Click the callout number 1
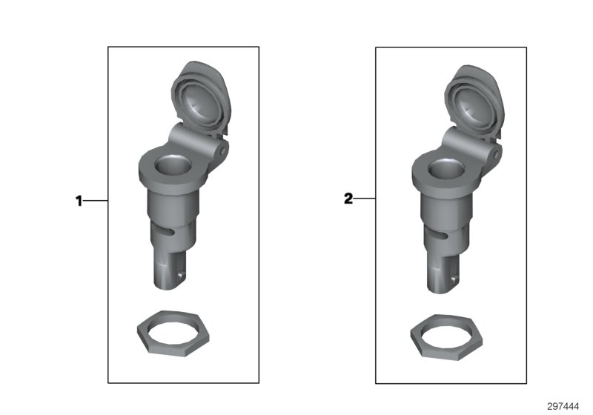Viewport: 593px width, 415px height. click(79, 201)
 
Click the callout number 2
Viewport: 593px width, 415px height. click(348, 199)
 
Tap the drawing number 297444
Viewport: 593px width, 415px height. click(563, 406)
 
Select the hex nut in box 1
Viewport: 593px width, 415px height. click(173, 333)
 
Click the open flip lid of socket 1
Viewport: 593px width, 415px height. click(201, 99)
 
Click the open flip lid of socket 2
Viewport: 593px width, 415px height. click(474, 103)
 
